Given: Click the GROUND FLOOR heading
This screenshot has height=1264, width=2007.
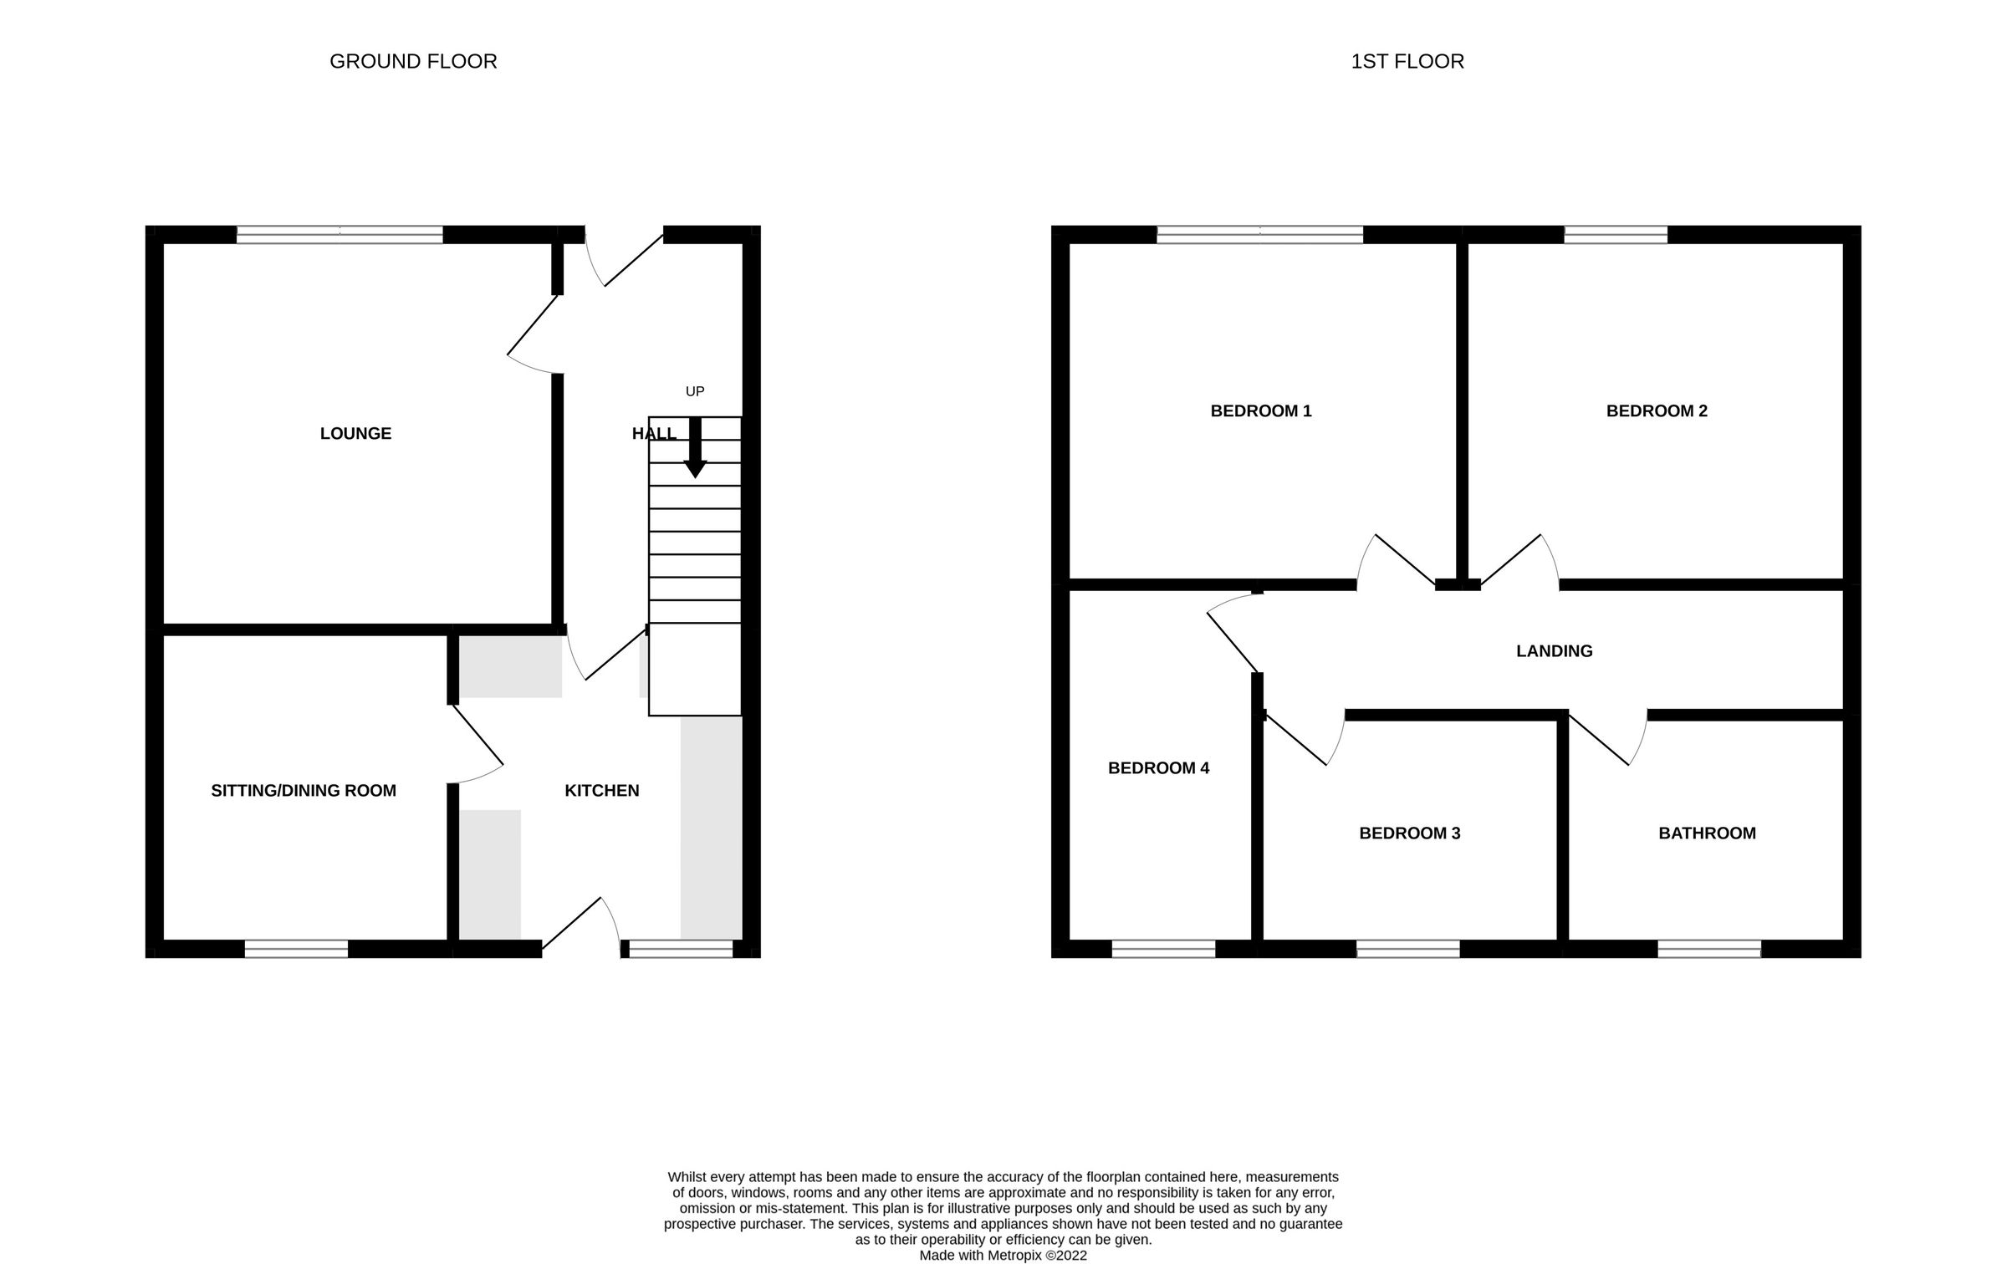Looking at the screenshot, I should click(413, 62).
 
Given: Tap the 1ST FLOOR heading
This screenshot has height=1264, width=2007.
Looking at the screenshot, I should click(1407, 62).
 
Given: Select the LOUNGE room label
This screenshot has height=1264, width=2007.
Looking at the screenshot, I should click(355, 433).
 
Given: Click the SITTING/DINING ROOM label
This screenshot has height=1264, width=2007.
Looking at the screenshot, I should click(304, 791).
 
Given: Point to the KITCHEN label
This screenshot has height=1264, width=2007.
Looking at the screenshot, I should click(601, 791).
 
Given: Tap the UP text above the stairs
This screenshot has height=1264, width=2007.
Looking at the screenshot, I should click(695, 391).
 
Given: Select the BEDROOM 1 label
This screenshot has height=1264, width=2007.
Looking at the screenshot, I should click(1261, 410).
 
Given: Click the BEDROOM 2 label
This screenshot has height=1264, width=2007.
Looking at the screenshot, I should click(1657, 410).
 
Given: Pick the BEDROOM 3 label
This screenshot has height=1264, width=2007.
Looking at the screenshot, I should click(1409, 833).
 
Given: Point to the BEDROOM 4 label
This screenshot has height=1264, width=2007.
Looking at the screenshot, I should click(1158, 768).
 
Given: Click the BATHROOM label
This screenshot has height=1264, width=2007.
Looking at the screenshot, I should click(1707, 833).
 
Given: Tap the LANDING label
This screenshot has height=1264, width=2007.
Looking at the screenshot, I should click(1554, 651).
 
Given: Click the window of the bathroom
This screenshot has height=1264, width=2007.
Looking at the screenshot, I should click(1708, 949).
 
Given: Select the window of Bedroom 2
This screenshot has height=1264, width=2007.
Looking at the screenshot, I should click(1615, 235).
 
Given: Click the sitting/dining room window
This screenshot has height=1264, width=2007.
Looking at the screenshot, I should click(296, 949).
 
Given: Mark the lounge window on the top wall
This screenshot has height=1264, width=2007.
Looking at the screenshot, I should click(340, 235).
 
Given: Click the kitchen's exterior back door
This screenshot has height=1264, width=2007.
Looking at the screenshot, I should click(581, 926).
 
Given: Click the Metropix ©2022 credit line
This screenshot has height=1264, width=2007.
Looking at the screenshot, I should click(1003, 1255).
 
